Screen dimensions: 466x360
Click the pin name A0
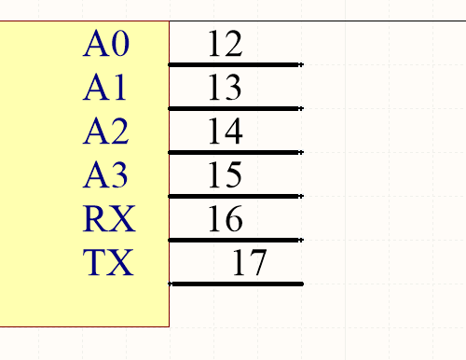[x=107, y=44]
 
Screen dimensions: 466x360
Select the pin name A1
[x=104, y=88]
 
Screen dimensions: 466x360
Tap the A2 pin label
[x=106, y=132]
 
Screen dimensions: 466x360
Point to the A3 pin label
[x=106, y=175]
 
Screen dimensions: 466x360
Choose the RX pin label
[x=109, y=219]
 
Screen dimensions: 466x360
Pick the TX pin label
[x=109, y=263]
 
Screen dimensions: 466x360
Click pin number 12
[x=225, y=44]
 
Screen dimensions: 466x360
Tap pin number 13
[x=225, y=88]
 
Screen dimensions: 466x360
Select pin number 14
[x=225, y=132]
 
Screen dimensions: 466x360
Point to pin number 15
[x=225, y=175]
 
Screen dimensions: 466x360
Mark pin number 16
[x=225, y=219]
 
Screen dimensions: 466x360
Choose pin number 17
[x=249, y=263]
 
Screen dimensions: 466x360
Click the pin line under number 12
[x=236, y=65]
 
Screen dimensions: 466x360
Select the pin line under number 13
[x=236, y=109]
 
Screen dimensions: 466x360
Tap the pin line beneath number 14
[x=236, y=152]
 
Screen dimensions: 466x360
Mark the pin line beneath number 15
[x=236, y=196]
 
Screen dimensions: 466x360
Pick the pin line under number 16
[x=236, y=240]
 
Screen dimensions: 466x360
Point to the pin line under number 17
[x=236, y=283]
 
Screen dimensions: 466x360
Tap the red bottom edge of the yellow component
[x=84, y=326]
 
